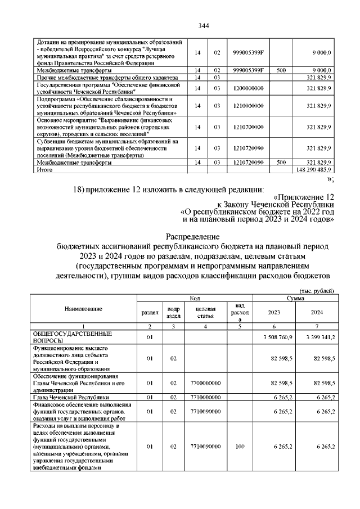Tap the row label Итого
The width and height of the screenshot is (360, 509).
[44, 169]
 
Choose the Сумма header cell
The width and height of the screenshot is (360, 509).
[295, 297]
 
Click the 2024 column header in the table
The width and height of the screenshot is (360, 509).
[316, 312]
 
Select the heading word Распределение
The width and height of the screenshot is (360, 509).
[196, 237]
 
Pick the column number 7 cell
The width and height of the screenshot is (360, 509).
[316, 326]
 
